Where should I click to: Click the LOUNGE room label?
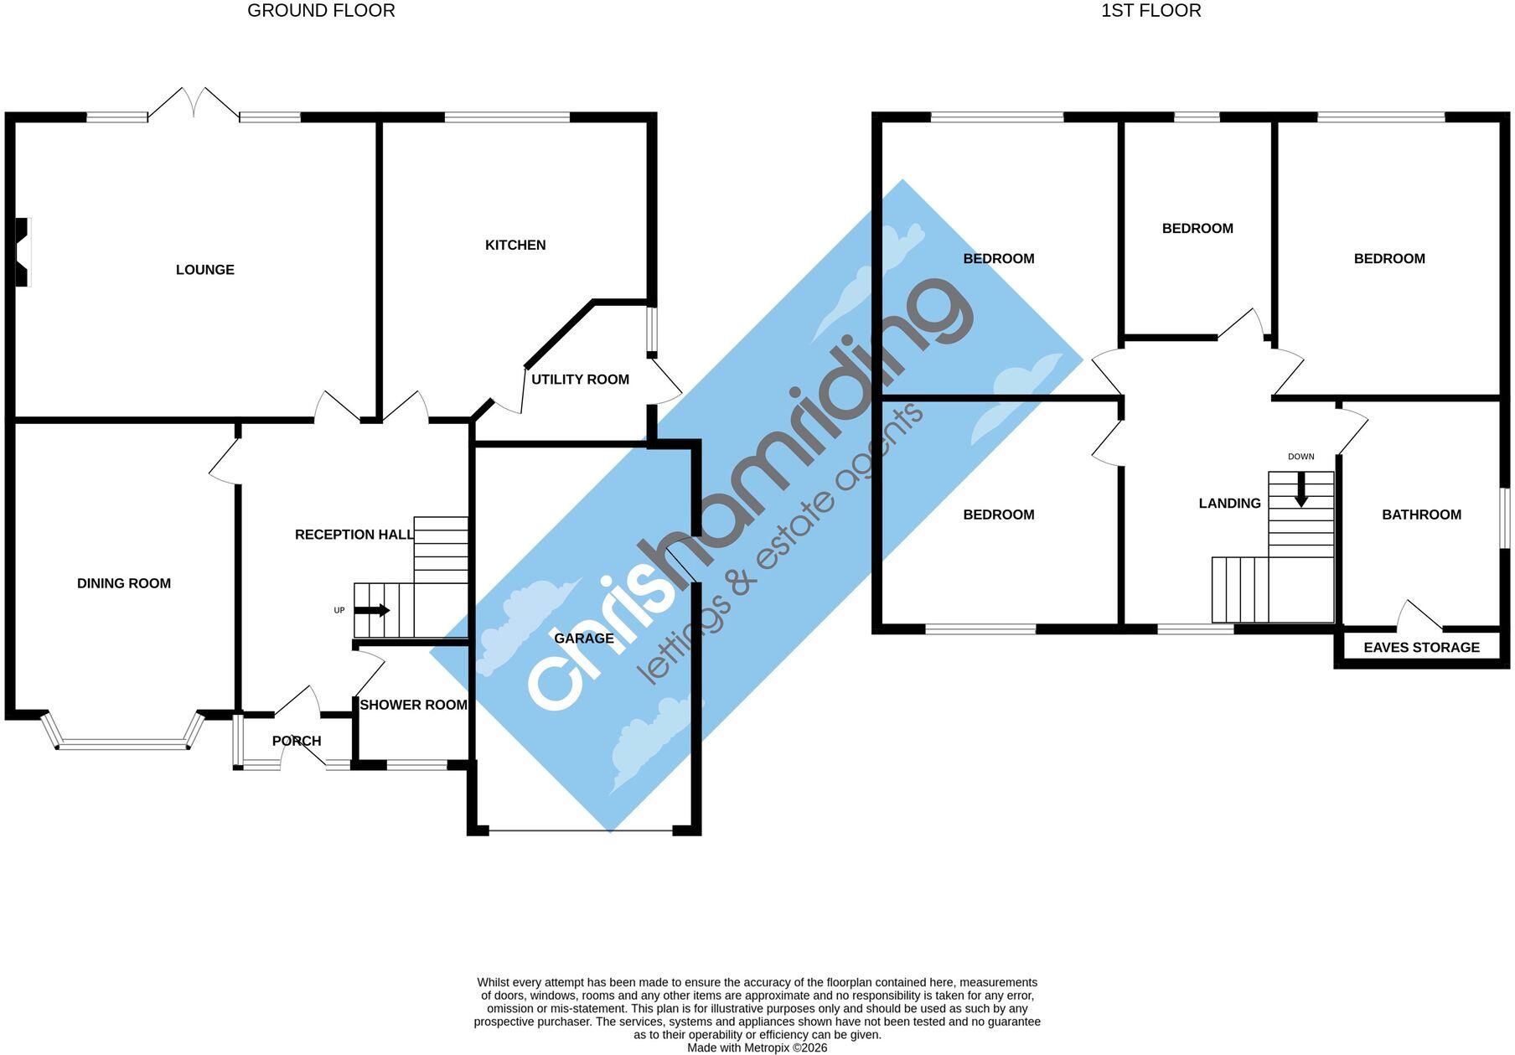click(205, 270)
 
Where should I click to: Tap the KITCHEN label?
click(515, 246)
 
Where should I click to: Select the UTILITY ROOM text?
click(580, 380)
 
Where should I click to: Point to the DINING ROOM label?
click(124, 584)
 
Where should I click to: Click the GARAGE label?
click(584, 639)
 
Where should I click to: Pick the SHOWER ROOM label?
click(413, 706)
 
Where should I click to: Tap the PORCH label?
click(297, 741)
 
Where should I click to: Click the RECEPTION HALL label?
click(354, 535)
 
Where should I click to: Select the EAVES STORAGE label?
click(1422, 648)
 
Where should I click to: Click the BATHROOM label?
click(1422, 515)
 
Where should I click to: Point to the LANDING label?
click(1229, 504)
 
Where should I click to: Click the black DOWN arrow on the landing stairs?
click(1301, 490)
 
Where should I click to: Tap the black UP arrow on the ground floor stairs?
click(372, 611)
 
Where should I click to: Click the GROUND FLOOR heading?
click(321, 11)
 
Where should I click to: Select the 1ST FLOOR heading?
click(1151, 11)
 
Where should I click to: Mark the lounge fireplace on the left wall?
click(23, 252)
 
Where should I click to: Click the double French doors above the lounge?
click(194, 103)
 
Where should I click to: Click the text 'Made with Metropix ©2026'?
click(757, 1047)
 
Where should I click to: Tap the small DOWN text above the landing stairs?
click(1301, 457)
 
